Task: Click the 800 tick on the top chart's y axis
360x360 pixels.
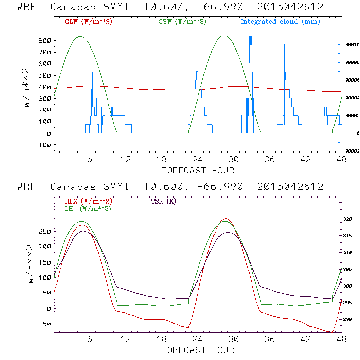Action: (x=45, y=40)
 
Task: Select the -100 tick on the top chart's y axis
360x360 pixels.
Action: (x=43, y=144)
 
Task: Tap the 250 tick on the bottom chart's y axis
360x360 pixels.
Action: (x=45, y=231)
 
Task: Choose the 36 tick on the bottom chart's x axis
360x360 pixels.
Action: (x=269, y=340)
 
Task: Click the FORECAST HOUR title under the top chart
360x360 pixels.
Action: (x=198, y=170)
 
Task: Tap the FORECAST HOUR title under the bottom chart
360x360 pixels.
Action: (x=198, y=350)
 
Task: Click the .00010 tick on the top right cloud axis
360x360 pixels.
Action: (x=351, y=44)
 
